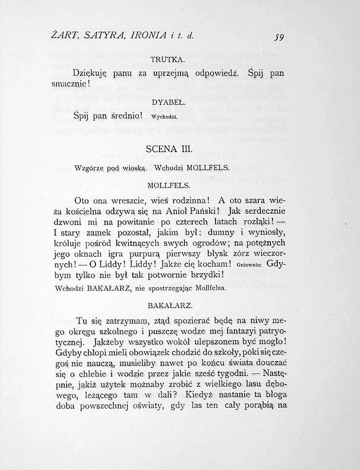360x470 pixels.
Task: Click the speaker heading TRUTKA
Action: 167,60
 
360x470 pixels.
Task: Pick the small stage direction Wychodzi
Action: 163,117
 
